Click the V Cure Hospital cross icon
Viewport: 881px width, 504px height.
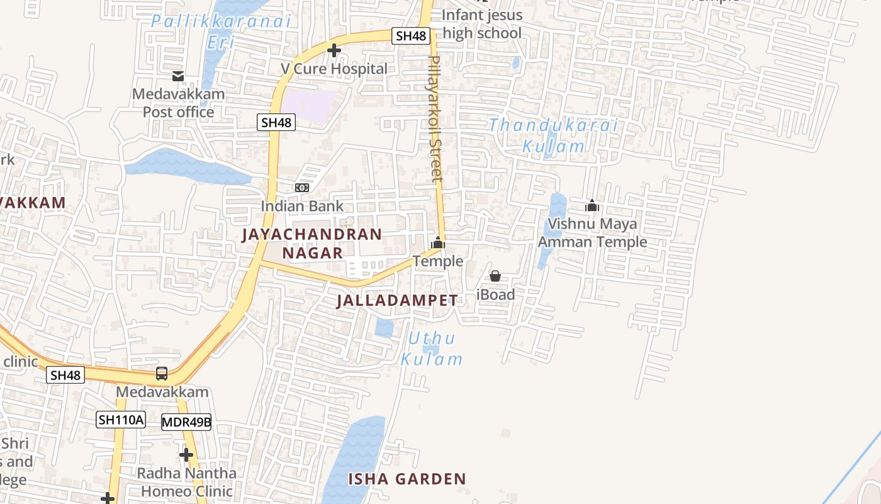[334, 50]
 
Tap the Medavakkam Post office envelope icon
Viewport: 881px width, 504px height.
[178, 76]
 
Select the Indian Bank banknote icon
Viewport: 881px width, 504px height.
[302, 188]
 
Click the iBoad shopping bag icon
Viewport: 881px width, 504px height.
[495, 276]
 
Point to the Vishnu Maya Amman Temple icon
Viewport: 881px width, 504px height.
[592, 205]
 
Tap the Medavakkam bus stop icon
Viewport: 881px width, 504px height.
[162, 373]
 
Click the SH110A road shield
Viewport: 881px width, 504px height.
[121, 420]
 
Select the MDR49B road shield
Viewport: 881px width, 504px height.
[186, 422]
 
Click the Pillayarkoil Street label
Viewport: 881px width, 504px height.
[435, 118]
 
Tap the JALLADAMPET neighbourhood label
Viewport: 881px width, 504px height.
[397, 301]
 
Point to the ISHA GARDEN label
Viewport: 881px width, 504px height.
[407, 479]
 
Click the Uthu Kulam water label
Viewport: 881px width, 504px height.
[432, 349]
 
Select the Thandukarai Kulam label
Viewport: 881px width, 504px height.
[554, 135]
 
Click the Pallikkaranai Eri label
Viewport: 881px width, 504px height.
[221, 31]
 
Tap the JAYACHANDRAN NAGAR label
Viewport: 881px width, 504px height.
[312, 244]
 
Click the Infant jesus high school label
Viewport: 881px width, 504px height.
[482, 24]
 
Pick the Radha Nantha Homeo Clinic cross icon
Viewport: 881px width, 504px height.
[186, 454]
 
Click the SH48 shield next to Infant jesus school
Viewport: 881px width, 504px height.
[412, 36]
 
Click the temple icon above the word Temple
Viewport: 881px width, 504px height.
[438, 243]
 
